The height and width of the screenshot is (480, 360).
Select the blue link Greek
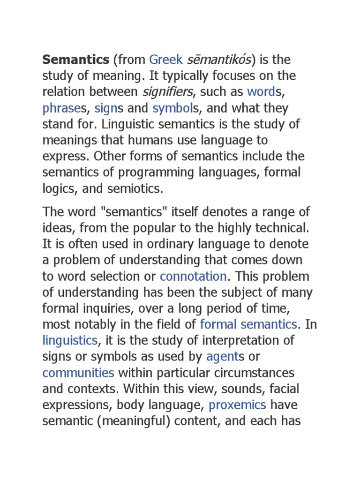coord(166,60)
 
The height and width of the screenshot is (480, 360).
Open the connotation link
coord(194,276)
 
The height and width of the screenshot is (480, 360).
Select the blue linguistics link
coord(70,340)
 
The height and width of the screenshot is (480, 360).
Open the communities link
coord(78,372)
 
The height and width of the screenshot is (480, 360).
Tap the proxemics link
coord(237,405)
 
